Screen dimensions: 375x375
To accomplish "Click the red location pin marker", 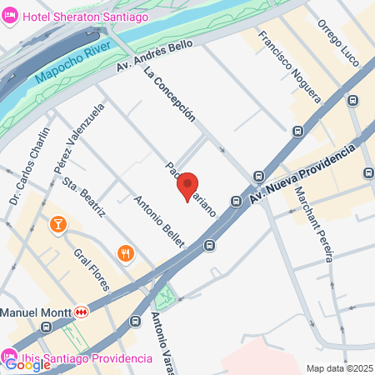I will click(187, 185).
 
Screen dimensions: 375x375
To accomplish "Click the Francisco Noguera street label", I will click(289, 66).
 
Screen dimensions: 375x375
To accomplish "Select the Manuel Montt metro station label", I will click(33, 312).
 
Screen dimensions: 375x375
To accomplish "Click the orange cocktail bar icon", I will click(58, 223).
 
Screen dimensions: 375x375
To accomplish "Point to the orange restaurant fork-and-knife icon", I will click(126, 253).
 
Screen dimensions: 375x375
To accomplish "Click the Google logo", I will click(28, 364).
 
